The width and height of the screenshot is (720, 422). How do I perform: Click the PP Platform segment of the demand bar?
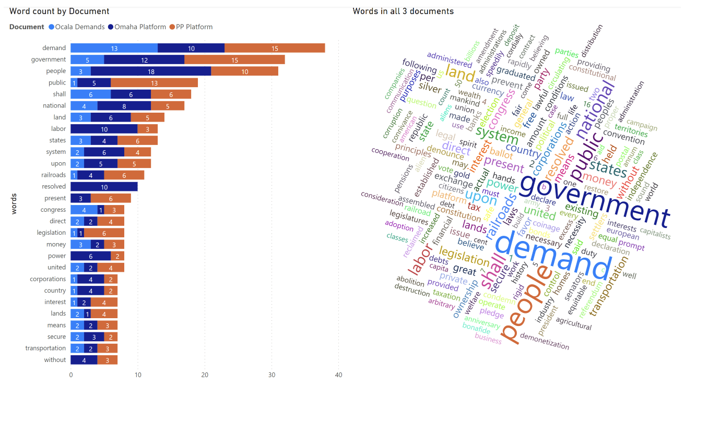(275, 48)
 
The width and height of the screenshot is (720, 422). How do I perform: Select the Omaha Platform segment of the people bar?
(151, 71)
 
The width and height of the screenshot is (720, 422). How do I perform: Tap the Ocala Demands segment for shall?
(90, 94)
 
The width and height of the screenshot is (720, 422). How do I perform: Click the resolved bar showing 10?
(104, 187)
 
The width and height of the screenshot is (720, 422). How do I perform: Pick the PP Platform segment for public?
(154, 83)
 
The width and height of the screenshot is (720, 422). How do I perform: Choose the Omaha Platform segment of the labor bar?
(104, 129)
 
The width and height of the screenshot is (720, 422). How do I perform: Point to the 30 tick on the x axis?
(272, 375)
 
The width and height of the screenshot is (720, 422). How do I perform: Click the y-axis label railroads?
(54, 175)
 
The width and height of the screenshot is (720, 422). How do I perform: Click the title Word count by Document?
(60, 11)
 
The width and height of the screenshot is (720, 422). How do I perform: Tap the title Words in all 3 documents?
(403, 11)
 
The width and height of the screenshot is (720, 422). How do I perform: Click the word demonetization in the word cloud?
(545, 341)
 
